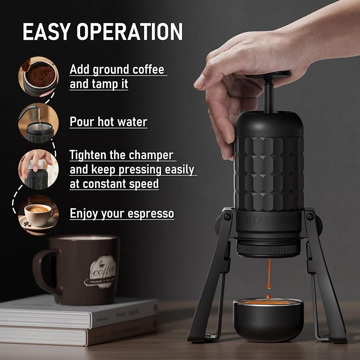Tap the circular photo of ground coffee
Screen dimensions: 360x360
click(x=39, y=77)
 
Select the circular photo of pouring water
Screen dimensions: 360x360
click(x=39, y=123)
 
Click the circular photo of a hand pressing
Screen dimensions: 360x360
click(x=39, y=169)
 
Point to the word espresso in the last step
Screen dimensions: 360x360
click(x=151, y=213)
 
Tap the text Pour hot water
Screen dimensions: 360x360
click(x=109, y=122)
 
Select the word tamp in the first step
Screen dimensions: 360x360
click(x=110, y=84)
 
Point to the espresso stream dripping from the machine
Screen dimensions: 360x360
click(x=269, y=274)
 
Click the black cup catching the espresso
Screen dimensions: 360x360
click(x=268, y=320)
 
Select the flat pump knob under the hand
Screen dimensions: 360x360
click(x=269, y=75)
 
